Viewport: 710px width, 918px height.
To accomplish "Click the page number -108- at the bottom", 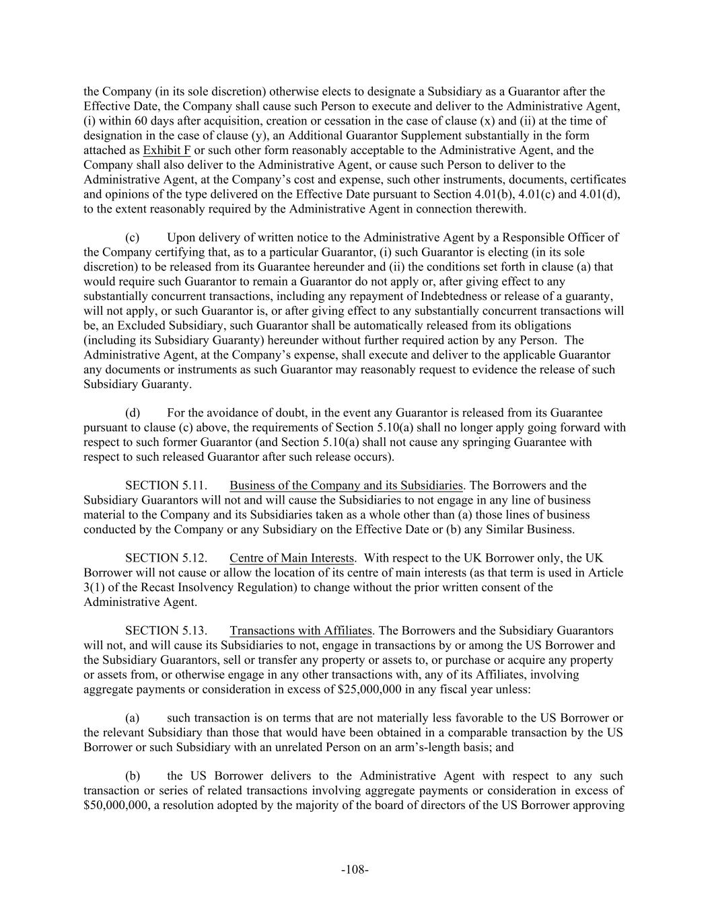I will click(355, 870).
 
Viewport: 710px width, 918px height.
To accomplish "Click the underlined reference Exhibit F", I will click(167, 150).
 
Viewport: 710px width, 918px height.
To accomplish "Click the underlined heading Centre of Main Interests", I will click(291, 558).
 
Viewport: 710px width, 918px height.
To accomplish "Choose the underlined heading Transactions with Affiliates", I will click(301, 631).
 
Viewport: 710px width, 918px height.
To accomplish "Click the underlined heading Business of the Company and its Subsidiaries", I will click(346, 486).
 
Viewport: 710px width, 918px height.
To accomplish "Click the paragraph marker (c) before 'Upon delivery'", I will click(133, 237).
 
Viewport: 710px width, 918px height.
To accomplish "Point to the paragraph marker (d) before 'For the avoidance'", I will click(133, 413).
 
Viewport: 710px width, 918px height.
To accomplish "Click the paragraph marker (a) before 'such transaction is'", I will click(133, 718).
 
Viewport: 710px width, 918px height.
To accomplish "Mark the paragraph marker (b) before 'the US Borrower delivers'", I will click(133, 776).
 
